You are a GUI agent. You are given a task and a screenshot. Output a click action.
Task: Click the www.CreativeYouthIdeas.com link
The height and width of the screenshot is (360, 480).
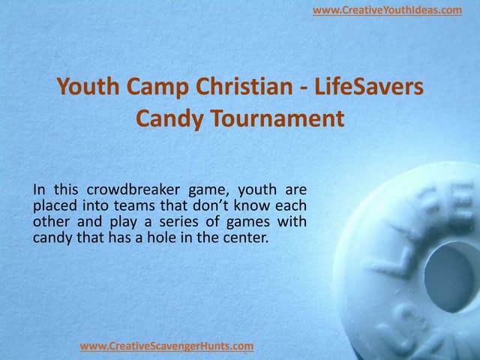(387, 10)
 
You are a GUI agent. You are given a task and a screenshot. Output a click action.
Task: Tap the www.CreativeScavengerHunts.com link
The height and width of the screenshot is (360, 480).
(166, 346)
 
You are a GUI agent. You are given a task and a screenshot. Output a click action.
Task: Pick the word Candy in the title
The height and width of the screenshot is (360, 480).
(166, 118)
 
